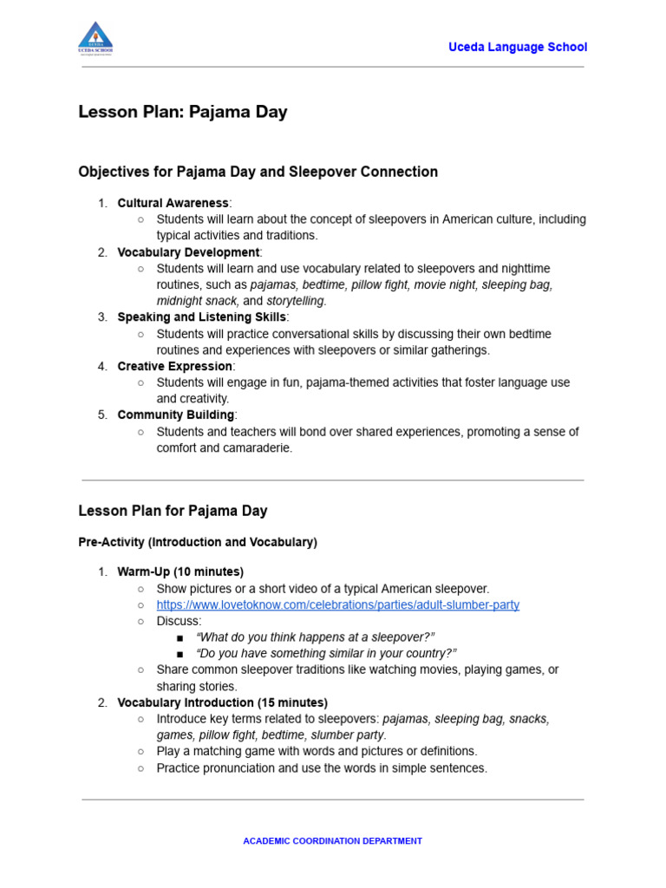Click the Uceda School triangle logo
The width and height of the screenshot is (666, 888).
(95, 38)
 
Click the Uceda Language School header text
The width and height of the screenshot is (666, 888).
(517, 47)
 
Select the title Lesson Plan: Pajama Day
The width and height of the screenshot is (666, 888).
(182, 112)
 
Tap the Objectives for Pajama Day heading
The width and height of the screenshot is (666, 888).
(258, 172)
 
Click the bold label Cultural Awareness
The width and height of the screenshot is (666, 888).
(173, 203)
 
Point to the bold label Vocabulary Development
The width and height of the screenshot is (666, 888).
(188, 252)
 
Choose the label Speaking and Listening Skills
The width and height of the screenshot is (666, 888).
(201, 317)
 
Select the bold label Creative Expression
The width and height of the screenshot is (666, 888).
(174, 366)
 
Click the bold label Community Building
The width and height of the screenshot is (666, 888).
(175, 415)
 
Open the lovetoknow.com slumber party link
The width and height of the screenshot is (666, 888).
(337, 604)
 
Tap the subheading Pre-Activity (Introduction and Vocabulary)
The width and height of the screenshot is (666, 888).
(198, 542)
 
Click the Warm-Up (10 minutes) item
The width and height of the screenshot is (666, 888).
(180, 571)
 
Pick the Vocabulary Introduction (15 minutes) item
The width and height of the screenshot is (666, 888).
(222, 702)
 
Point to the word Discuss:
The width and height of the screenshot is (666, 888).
(179, 621)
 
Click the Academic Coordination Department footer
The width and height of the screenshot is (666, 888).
(332, 841)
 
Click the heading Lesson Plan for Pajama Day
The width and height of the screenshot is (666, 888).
(173, 511)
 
